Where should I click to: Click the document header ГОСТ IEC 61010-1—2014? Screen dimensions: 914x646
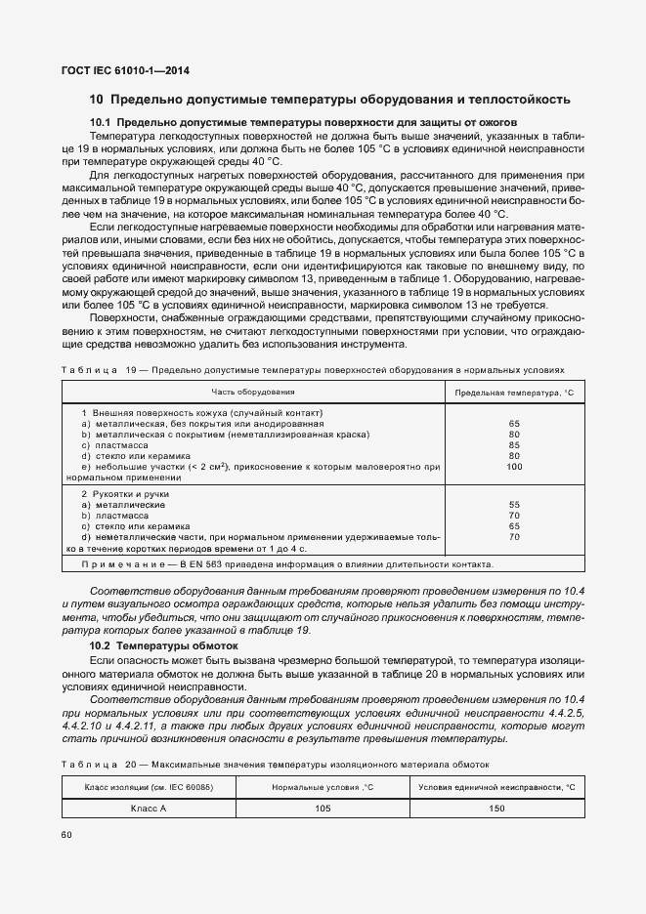tap(126, 72)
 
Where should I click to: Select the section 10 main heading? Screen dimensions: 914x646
tap(329, 100)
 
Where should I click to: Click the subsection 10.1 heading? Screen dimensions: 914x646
tap(303, 122)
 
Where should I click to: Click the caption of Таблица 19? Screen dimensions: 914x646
tap(313, 371)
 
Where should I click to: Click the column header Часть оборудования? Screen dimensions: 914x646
tap(253, 392)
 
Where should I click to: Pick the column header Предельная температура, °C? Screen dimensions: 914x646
tap(514, 392)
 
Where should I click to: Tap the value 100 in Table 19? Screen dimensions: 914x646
tap(515, 467)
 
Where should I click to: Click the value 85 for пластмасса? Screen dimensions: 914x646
tap(515, 445)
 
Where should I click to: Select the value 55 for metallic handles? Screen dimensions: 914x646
tap(515, 505)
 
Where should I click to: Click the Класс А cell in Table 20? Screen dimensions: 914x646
tap(150, 809)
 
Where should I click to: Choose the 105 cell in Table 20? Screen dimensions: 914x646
tap(323, 809)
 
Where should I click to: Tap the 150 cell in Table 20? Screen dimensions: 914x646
tap(495, 809)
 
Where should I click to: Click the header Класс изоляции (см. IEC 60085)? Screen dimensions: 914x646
tap(150, 786)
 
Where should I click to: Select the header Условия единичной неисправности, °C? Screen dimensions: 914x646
tap(495, 786)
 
